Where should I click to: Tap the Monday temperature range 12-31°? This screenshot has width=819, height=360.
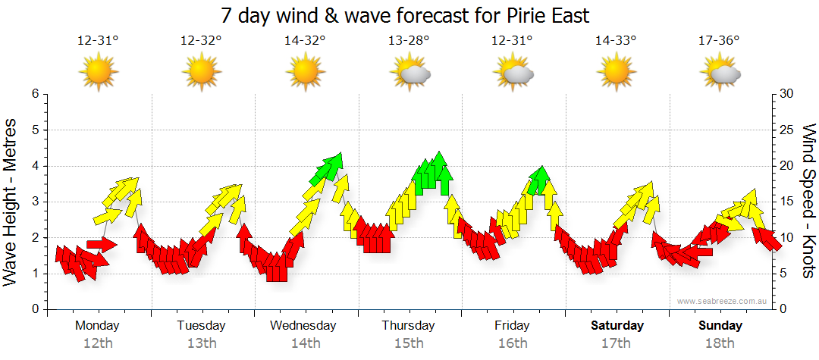tap(98, 40)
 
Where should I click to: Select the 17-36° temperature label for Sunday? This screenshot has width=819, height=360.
tap(719, 40)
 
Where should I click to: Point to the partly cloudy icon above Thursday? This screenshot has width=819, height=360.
tap(410, 73)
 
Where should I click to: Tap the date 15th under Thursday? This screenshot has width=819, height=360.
tap(409, 343)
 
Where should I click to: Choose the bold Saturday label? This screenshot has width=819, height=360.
tap(617, 326)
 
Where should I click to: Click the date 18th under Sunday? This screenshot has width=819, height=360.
tap(720, 343)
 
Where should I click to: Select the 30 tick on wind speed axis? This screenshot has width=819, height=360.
tap(786, 94)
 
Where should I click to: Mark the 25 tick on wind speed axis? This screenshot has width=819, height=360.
tap(786, 130)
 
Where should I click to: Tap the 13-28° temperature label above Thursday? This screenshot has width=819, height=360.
tap(409, 40)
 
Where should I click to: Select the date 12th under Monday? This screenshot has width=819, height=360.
tap(98, 343)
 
